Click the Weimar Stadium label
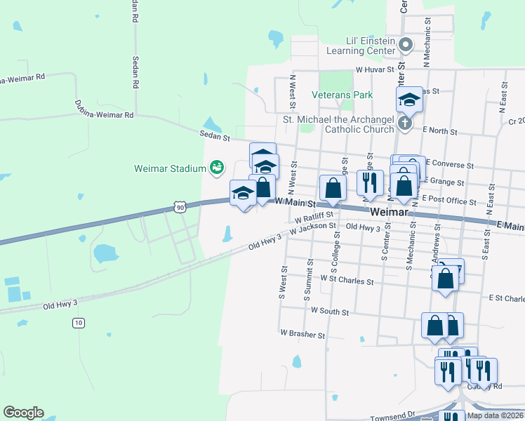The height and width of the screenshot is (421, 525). (x=168, y=168)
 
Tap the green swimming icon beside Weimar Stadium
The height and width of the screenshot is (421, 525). (x=217, y=168)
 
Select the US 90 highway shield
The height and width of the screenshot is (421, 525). (x=180, y=207)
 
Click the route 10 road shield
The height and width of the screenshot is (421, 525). (x=78, y=322)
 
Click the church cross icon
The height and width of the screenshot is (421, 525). (x=404, y=123)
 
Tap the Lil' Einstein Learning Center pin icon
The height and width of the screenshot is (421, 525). (x=406, y=46)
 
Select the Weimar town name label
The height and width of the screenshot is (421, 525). (x=388, y=211)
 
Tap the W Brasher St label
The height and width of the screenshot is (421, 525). (x=302, y=334)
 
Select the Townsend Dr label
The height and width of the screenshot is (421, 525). (x=392, y=415)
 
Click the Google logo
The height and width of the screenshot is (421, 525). (x=23, y=413)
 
